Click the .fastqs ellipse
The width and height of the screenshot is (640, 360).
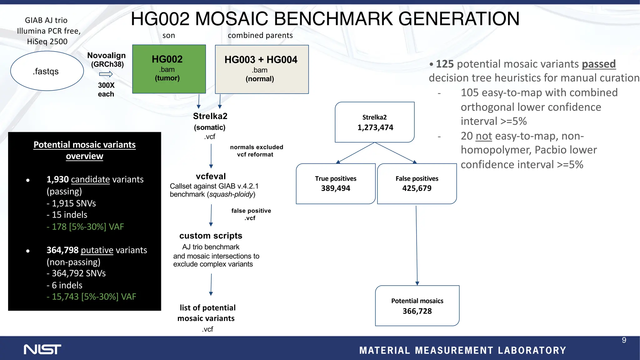click(x=47, y=71)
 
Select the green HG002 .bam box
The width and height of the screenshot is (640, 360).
click(x=169, y=69)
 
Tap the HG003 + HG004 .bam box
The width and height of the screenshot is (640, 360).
click(x=262, y=69)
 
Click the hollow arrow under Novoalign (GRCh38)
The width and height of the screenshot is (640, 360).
click(x=106, y=74)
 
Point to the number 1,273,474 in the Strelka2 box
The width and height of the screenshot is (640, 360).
click(x=375, y=127)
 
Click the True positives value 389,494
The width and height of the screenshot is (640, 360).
click(x=335, y=188)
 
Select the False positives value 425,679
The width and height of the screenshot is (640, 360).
click(x=417, y=188)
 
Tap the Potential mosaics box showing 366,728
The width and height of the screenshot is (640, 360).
click(x=417, y=306)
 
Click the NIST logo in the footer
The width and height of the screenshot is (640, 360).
click(x=42, y=349)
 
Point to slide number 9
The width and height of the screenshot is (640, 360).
click(x=624, y=340)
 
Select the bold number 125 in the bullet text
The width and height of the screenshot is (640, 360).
click(x=444, y=64)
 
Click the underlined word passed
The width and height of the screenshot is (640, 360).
click(x=598, y=64)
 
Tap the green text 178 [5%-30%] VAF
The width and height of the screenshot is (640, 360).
click(x=85, y=227)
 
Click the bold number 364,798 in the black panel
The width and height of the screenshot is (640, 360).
click(x=62, y=250)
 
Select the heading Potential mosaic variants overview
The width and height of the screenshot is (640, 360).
click(x=84, y=150)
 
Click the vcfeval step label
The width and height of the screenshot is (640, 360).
click(x=211, y=176)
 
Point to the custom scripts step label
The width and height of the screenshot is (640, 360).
click(x=211, y=236)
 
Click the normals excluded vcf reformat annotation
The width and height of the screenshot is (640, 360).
click(x=256, y=151)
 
